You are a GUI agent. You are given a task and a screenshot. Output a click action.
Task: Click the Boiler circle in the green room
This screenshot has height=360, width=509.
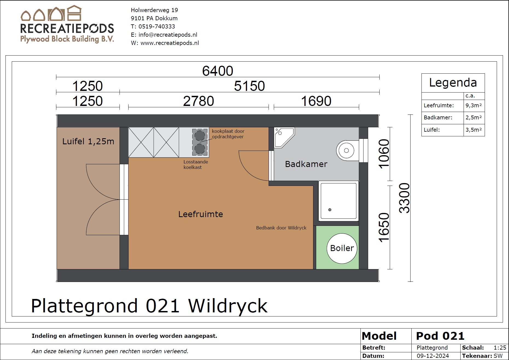(342, 248)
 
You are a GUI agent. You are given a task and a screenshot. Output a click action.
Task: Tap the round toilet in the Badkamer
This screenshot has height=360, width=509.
(347, 151)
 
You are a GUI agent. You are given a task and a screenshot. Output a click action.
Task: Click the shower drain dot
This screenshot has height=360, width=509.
(330, 210)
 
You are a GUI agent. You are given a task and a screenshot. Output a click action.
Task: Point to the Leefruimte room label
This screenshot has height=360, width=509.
(200, 214)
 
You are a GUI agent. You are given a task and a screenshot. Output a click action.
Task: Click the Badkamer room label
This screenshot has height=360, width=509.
(306, 164)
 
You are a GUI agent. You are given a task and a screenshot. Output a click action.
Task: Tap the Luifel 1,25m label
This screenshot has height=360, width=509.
(88, 141)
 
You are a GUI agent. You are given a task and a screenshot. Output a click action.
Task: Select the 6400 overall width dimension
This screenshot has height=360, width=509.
(218, 71)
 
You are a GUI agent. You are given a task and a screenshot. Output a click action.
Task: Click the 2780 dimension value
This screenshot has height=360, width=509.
(199, 101)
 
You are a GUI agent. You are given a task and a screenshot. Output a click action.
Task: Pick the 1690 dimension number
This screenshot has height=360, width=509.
(316, 101)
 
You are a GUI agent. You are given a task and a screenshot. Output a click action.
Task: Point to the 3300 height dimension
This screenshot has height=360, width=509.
(405, 198)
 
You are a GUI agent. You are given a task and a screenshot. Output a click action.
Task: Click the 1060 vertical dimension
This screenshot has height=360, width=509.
(384, 154)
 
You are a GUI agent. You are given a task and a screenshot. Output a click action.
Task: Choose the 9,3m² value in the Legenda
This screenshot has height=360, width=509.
(474, 105)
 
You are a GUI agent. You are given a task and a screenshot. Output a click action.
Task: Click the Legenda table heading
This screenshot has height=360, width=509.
(453, 82)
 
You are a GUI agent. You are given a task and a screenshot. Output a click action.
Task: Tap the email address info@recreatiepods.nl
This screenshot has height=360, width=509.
(168, 35)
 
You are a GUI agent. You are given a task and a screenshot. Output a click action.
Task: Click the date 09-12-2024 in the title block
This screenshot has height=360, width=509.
(433, 356)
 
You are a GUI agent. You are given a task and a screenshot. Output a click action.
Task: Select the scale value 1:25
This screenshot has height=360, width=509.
(500, 348)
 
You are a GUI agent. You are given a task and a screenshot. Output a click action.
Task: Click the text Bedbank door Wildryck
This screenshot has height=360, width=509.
(281, 228)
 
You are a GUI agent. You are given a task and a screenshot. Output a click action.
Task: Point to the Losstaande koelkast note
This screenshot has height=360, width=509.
(196, 165)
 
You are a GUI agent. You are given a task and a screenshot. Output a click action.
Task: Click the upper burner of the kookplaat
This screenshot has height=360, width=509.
(200, 136)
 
